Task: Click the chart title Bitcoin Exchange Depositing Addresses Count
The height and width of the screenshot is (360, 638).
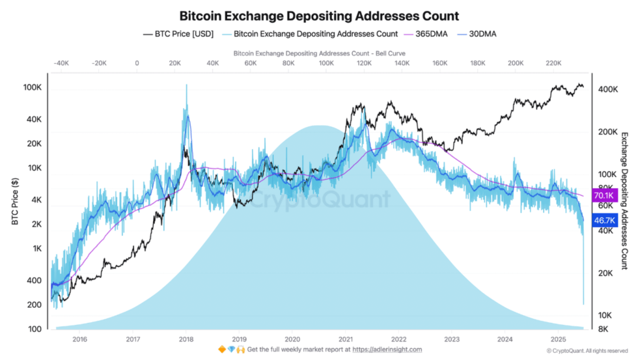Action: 319,16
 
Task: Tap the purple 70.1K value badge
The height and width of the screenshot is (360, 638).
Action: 603,195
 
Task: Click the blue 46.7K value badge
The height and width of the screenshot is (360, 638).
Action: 603,221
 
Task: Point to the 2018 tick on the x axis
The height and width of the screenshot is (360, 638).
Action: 186,339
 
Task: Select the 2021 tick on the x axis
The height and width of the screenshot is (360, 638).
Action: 346,339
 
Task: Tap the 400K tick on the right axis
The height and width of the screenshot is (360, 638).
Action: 608,89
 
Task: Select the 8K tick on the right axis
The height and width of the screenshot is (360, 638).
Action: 604,329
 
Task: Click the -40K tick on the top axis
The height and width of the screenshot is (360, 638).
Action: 61,63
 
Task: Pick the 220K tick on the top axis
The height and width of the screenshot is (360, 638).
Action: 553,63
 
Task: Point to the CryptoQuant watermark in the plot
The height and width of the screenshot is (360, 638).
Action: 319,199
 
